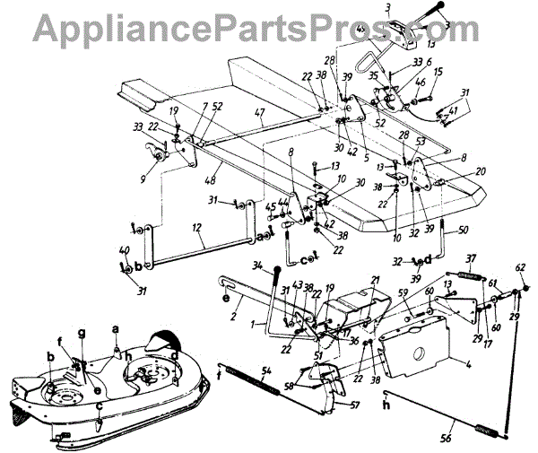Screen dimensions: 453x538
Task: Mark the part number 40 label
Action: (124, 252)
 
